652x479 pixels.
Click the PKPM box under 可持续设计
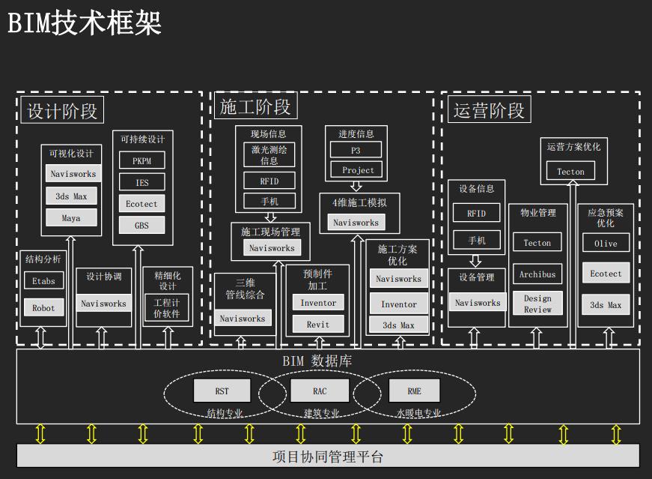(141, 161)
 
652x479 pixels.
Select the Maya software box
(72, 218)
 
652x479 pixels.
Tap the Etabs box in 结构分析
(43, 282)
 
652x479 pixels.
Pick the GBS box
(141, 226)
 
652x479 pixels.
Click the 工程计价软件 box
(167, 308)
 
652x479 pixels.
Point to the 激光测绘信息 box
(269, 155)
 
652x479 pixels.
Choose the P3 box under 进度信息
(356, 151)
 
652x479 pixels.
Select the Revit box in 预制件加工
(317, 325)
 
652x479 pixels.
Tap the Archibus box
(537, 274)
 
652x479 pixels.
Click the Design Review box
(537, 304)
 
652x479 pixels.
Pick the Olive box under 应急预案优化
(606, 244)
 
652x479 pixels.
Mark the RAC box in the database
(320, 391)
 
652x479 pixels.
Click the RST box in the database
(222, 391)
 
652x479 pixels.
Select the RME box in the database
(415, 391)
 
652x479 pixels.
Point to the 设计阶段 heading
(62, 112)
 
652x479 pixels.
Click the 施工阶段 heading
(255, 107)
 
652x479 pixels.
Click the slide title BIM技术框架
(85, 22)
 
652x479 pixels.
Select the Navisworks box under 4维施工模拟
(356, 223)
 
